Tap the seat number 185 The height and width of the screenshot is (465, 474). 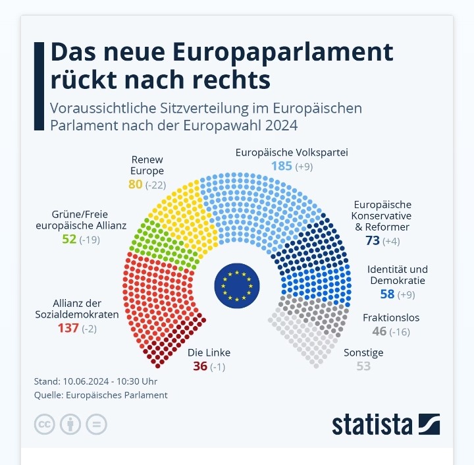(281, 166)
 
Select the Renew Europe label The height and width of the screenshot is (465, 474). (147, 165)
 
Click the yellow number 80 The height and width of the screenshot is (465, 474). (135, 184)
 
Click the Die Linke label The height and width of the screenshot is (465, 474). (209, 352)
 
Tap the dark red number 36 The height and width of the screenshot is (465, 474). (200, 366)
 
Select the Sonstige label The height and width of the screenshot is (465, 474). (363, 352)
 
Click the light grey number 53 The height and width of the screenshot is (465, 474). (363, 366)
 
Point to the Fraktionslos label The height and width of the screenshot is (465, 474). (391, 317)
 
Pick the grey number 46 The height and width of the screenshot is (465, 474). (379, 331)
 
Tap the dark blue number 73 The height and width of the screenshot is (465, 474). (373, 241)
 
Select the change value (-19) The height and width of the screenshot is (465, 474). (90, 239)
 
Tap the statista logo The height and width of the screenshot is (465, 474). (385, 424)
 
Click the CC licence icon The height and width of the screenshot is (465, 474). (44, 424)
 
